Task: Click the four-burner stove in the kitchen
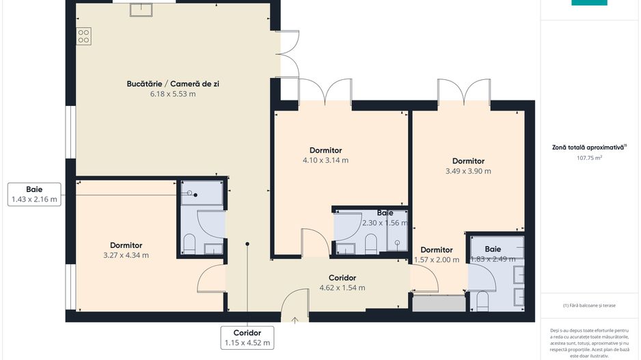84,36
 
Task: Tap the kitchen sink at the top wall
141,8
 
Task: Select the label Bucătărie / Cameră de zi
173,83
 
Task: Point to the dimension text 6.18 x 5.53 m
173,94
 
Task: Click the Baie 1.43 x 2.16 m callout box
34,195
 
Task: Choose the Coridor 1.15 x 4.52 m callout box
247,337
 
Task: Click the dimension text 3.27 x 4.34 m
126,255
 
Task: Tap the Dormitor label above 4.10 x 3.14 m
325,150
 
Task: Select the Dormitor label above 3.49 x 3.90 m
468,161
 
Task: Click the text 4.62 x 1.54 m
342,288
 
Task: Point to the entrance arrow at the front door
295,318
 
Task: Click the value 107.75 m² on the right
589,158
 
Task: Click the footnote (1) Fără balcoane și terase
589,305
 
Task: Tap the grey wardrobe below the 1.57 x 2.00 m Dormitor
438,303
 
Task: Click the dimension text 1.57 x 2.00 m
437,260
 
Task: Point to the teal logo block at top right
588,3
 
